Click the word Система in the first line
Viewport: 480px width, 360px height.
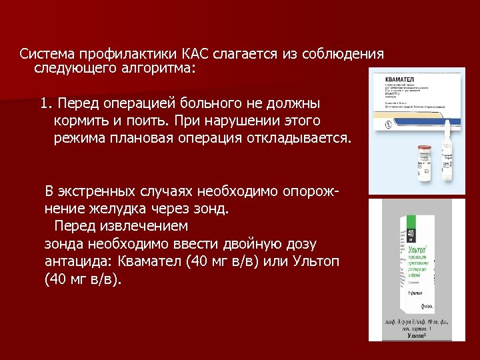point(47,54)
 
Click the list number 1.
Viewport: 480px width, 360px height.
point(45,104)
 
